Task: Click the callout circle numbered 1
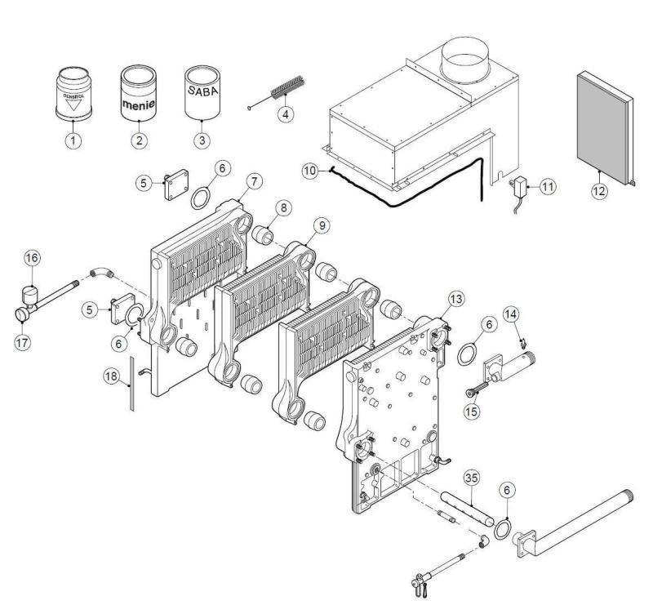73,140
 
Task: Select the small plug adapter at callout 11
519,188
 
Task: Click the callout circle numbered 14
510,313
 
